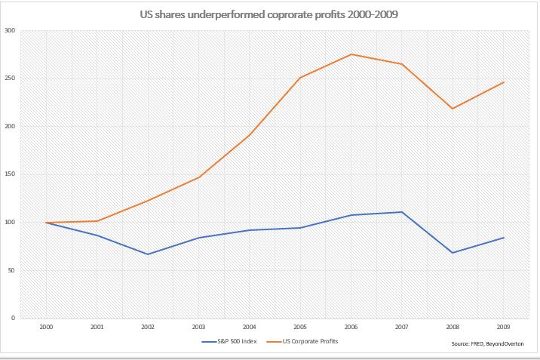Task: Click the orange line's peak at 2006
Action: pos(351,54)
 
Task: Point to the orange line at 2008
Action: pos(453,109)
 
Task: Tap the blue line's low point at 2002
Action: pos(148,254)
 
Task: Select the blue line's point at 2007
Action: pos(402,212)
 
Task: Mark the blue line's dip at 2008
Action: pos(453,252)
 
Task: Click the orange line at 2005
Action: pos(300,78)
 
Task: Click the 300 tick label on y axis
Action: pos(10,31)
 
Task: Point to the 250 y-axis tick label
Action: pos(10,78)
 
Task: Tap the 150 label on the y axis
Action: pos(10,174)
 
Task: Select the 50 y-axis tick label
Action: pos(11,270)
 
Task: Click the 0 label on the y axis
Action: pos(13,318)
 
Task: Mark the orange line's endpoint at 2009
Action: pos(503,82)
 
